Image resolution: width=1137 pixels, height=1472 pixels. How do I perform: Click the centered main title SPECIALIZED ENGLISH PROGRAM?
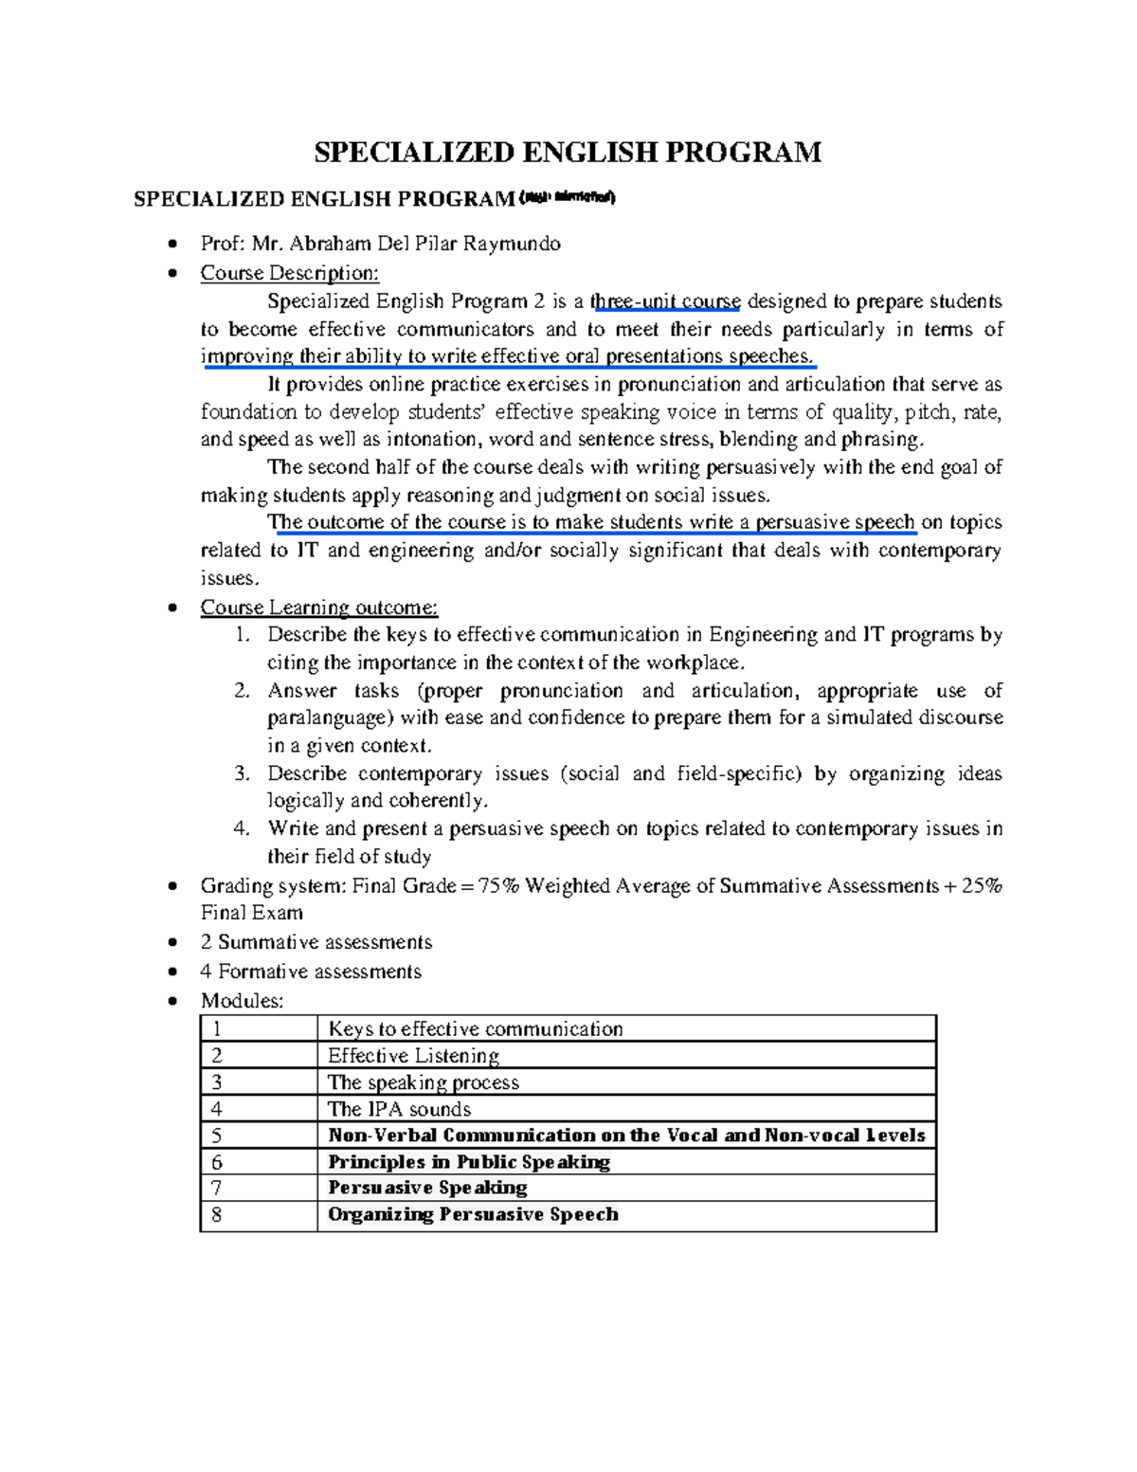click(x=568, y=152)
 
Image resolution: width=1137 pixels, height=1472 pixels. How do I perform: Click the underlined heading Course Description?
click(x=289, y=273)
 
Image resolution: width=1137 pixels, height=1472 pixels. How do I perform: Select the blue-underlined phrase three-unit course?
click(x=665, y=301)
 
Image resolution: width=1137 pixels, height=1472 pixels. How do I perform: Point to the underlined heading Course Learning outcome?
click(x=318, y=608)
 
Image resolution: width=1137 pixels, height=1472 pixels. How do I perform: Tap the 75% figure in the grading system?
click(x=499, y=885)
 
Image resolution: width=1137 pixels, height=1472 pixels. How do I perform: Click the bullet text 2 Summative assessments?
click(x=316, y=942)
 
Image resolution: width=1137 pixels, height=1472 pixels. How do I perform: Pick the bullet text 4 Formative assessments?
click(x=311, y=972)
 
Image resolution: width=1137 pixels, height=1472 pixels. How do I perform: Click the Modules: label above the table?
click(x=242, y=1001)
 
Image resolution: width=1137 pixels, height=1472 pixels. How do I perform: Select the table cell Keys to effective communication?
click(x=475, y=1029)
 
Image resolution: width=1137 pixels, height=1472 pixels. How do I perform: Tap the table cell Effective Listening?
click(x=413, y=1056)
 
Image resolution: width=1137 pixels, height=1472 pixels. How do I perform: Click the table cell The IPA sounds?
click(x=399, y=1109)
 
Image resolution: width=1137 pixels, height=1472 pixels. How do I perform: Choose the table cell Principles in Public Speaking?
click(x=468, y=1162)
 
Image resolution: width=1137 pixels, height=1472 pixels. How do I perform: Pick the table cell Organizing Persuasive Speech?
click(x=473, y=1214)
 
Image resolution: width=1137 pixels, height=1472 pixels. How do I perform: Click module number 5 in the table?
click(x=217, y=1136)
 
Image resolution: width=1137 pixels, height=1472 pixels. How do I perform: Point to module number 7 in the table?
click(x=217, y=1188)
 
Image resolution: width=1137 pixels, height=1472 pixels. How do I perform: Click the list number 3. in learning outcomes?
click(x=242, y=773)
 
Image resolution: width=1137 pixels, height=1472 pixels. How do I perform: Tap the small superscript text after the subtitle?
click(x=568, y=197)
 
